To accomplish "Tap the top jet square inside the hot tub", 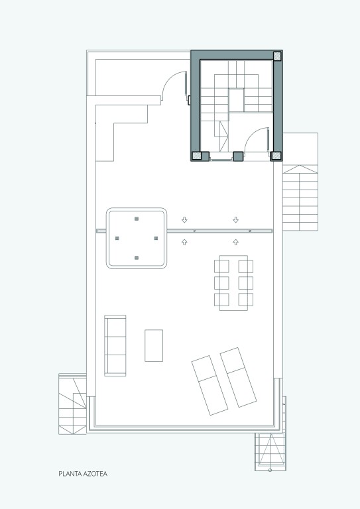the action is (x=137, y=219).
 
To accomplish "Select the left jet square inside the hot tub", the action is (x=117, y=239).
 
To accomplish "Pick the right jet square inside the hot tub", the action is (x=156, y=239).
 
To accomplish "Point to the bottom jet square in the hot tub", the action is (x=137, y=258).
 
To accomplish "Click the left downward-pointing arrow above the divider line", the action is (x=184, y=220).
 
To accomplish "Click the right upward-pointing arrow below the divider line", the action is (x=235, y=242).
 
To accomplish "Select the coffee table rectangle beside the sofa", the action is (x=154, y=345).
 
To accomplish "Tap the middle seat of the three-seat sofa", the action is (x=115, y=345).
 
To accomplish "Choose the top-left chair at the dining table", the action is (x=221, y=266).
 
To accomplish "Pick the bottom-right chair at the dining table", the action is (x=246, y=300).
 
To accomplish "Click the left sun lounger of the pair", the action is (x=210, y=385).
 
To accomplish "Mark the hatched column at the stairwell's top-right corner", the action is (x=277, y=56).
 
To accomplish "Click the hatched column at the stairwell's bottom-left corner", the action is (x=197, y=156).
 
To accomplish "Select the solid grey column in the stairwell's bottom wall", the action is (x=238, y=156).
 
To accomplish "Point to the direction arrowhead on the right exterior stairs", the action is (x=300, y=169).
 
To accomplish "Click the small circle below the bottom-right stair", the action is (x=270, y=470).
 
